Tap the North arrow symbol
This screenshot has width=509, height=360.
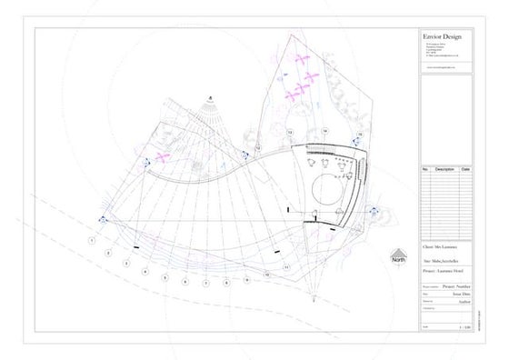[397, 257]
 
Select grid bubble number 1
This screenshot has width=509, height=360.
[92, 240]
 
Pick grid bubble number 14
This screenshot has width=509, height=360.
[324, 132]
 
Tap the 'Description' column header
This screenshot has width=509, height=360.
[444, 170]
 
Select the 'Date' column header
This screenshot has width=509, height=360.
[465, 170]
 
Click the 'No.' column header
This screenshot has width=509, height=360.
[424, 170]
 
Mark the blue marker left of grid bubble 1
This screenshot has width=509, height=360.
[103, 220]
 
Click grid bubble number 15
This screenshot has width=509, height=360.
[360, 135]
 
